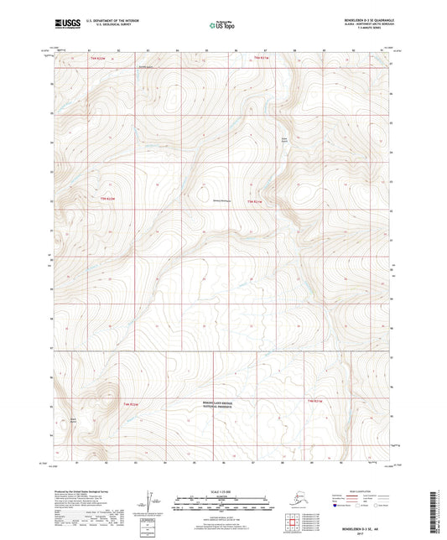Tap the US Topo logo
click(222, 22)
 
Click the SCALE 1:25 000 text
click(222, 490)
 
